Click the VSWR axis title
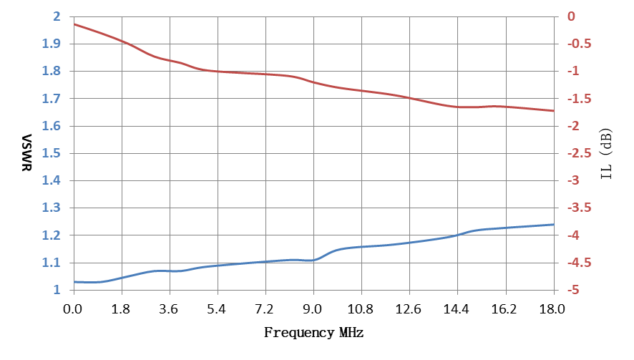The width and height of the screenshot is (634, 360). (x=26, y=153)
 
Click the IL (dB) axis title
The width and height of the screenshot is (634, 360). (x=606, y=154)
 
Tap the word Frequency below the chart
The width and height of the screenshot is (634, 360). (x=299, y=333)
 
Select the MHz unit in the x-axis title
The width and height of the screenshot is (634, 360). (x=351, y=333)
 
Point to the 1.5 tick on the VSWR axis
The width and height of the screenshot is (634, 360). (x=52, y=153)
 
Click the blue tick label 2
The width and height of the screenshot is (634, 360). (x=57, y=16)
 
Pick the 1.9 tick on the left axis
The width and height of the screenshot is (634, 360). (x=52, y=44)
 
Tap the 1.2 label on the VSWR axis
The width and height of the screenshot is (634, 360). (x=52, y=235)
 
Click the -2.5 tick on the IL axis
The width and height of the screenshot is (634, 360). (x=580, y=153)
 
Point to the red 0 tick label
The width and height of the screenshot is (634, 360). (x=571, y=16)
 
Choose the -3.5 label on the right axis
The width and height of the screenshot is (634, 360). (x=580, y=208)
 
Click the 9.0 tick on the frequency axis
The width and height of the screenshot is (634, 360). (x=313, y=309)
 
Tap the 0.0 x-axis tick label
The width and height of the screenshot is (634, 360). (x=73, y=309)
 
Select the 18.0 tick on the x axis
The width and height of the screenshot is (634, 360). (x=552, y=309)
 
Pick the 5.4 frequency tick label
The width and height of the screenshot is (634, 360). (x=217, y=309)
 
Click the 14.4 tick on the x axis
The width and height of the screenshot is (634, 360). (x=456, y=309)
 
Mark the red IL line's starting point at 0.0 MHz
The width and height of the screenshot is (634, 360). (x=74, y=24)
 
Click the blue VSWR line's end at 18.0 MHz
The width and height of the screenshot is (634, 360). (x=554, y=225)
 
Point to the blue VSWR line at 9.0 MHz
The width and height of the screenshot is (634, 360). (x=313, y=260)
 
